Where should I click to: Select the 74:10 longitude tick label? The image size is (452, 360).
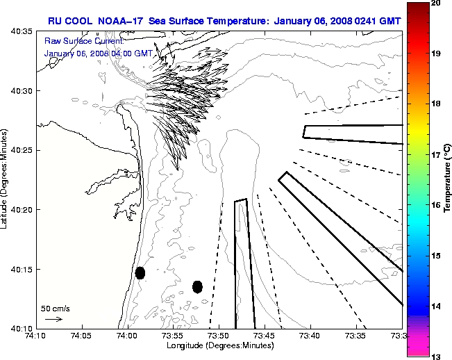coord(36,336)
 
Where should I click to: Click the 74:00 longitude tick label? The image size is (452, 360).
coord(127,336)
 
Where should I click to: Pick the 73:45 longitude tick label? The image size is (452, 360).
coord(265,336)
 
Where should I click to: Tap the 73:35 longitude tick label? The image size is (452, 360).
coord(355,336)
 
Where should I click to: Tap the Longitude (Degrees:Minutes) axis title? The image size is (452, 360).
coord(219,345)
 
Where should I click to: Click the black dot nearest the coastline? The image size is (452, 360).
coord(140,272)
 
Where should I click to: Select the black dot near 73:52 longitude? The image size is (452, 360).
coord(197,286)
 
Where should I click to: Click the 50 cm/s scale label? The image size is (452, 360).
coord(56,308)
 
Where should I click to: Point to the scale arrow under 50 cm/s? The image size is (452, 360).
coord(53,319)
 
